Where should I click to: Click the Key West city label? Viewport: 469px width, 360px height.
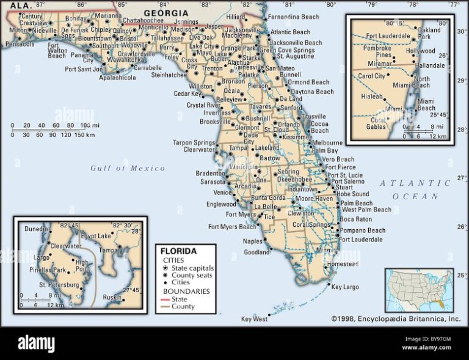(254, 319)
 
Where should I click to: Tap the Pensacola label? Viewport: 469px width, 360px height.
(20, 45)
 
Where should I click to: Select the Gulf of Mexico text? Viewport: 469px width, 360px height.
(128, 168)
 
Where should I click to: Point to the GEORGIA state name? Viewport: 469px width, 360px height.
(166, 13)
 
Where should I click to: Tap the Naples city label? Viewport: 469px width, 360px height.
(252, 241)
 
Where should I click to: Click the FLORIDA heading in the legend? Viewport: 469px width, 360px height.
(178, 251)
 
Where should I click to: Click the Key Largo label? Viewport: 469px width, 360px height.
(345, 287)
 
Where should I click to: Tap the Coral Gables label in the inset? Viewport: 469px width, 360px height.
(376, 123)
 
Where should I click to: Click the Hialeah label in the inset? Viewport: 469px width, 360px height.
(371, 97)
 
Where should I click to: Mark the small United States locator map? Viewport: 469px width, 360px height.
(420, 290)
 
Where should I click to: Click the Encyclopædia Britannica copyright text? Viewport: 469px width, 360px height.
(396, 318)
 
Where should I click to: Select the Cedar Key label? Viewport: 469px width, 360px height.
(187, 94)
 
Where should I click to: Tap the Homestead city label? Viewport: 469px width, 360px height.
(343, 264)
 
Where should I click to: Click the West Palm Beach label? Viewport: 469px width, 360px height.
(366, 210)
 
